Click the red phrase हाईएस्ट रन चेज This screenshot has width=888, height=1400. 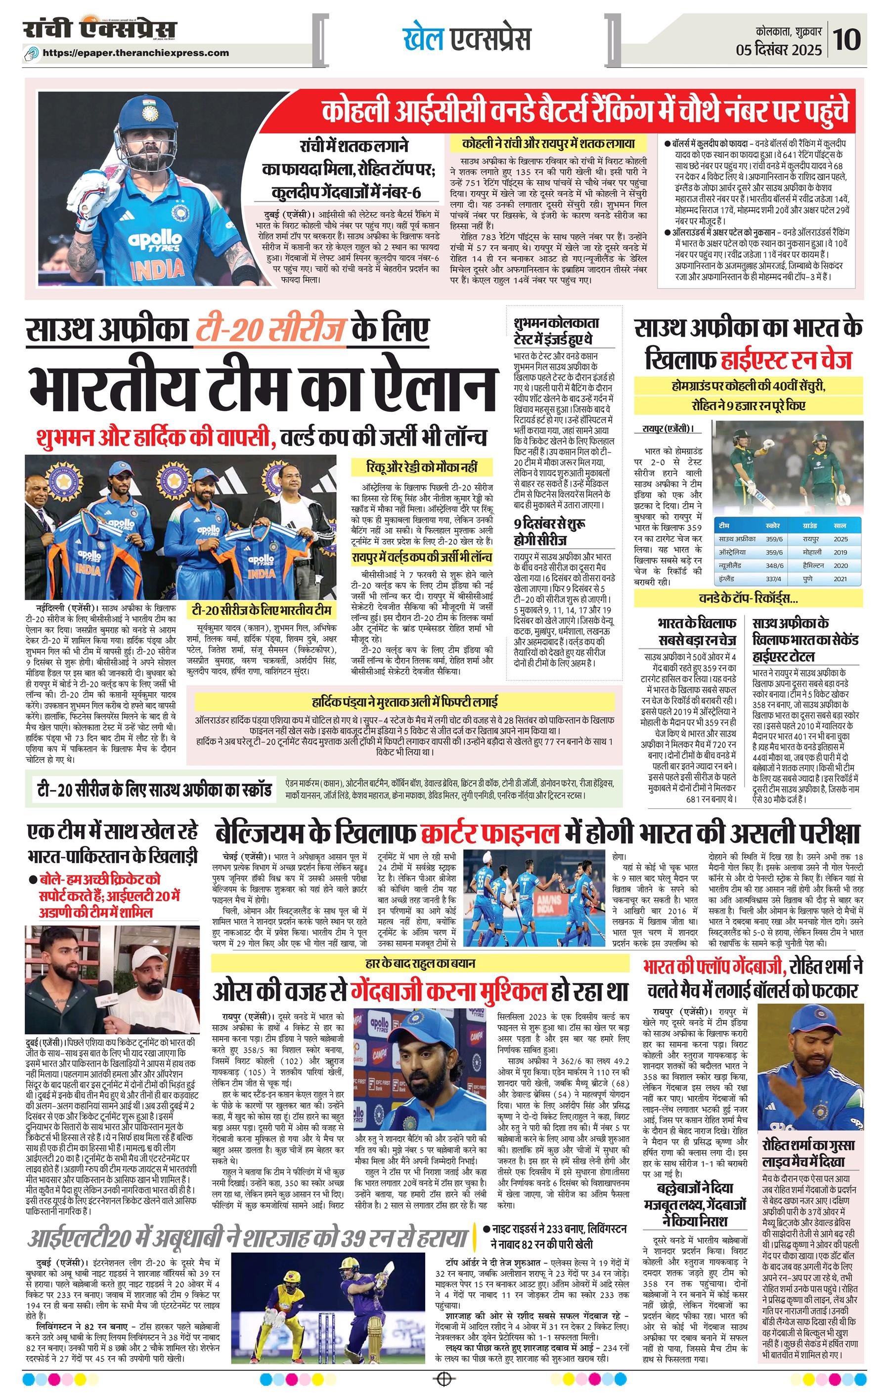(786, 360)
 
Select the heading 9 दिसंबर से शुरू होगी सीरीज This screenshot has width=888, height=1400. (549, 532)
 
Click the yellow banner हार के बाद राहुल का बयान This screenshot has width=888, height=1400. (417, 963)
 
